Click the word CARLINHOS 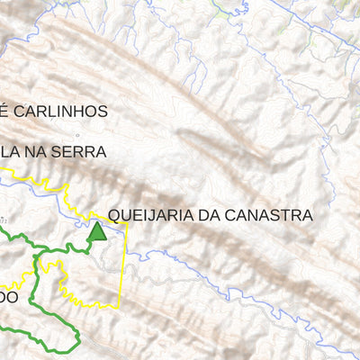pos(63,112)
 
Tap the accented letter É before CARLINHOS pos(4,112)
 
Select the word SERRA pos(82,152)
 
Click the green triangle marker pos(96,232)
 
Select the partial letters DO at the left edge pos(7,296)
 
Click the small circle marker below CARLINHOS pos(77,133)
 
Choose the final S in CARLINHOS pos(103,112)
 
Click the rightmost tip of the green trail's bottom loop pos(80,337)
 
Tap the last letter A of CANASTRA pos(307,215)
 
